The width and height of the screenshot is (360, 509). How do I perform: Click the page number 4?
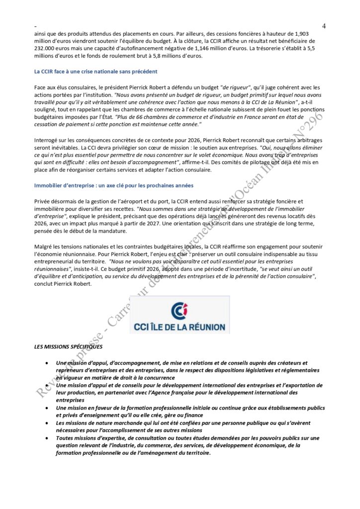pyautogui.click(x=324, y=25)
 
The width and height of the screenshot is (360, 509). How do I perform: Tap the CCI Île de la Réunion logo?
pyautogui.click(x=179, y=315)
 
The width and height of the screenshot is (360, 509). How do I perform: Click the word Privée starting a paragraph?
pyautogui.click(x=43, y=201)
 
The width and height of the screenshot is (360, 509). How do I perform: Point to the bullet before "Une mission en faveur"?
pyautogui.click(x=46, y=408)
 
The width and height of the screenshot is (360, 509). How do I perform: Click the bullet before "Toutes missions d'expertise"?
pyautogui.click(x=46, y=438)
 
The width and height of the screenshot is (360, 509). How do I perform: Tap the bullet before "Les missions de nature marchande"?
pyautogui.click(x=46, y=423)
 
